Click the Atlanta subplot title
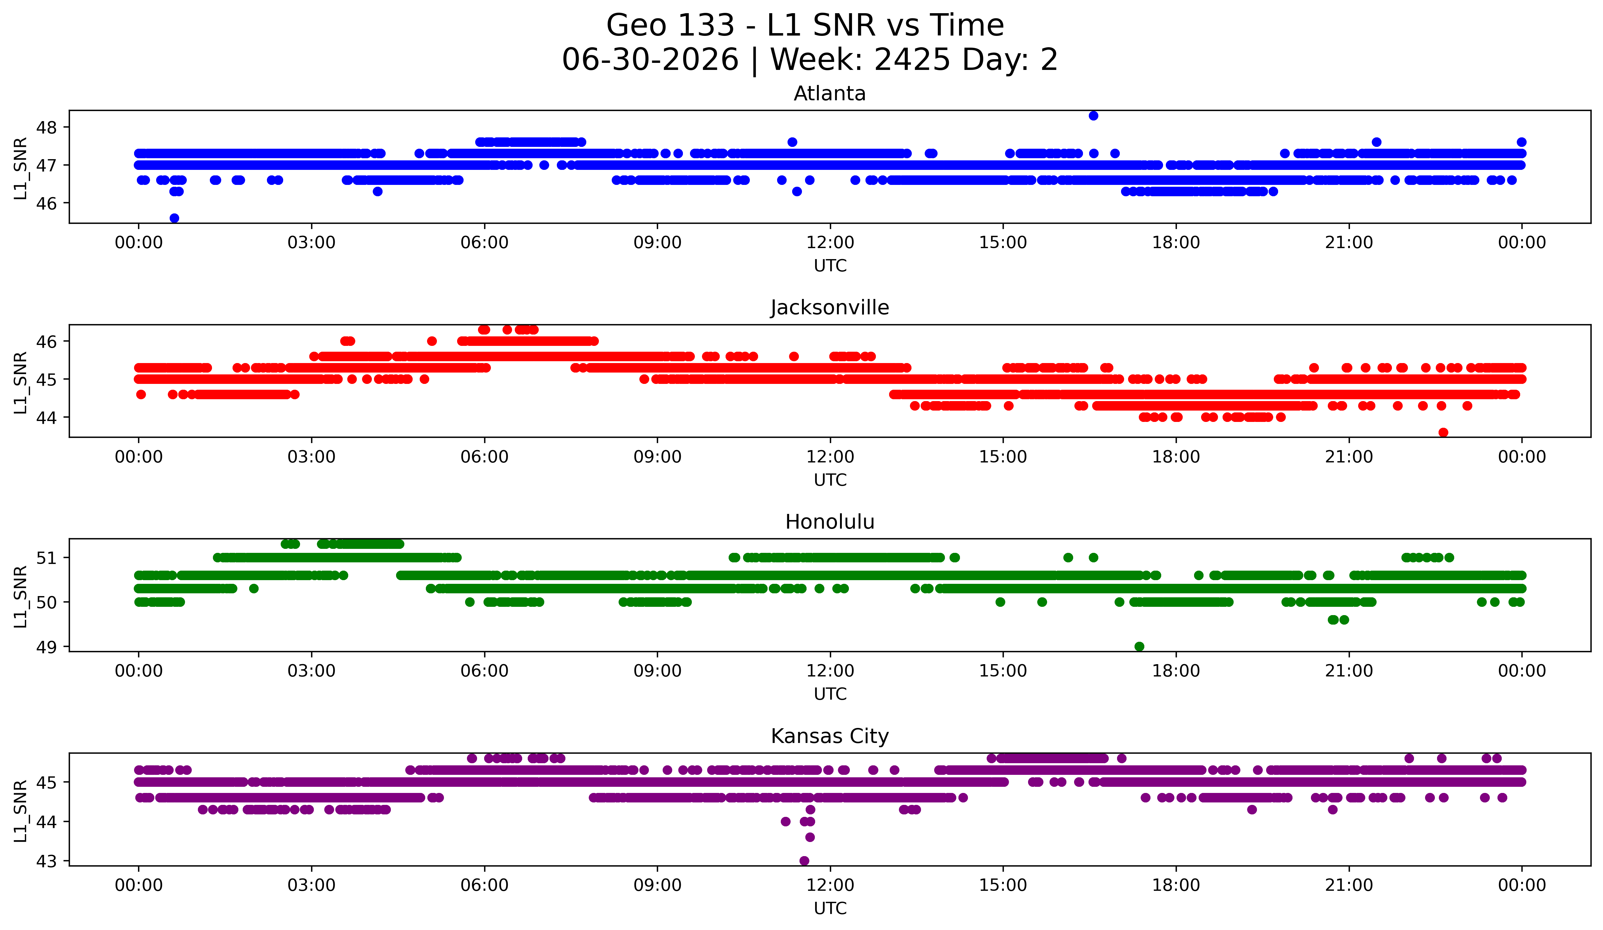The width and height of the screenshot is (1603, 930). [x=830, y=94]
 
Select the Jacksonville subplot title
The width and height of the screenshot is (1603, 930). [x=830, y=308]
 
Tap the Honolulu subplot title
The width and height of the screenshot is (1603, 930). [x=830, y=522]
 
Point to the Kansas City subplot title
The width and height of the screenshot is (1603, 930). [x=830, y=736]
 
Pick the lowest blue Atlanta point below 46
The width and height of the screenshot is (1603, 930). [x=174, y=218]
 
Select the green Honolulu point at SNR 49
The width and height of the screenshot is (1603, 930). [x=1139, y=646]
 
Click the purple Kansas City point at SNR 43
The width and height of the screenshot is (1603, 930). [x=804, y=861]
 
